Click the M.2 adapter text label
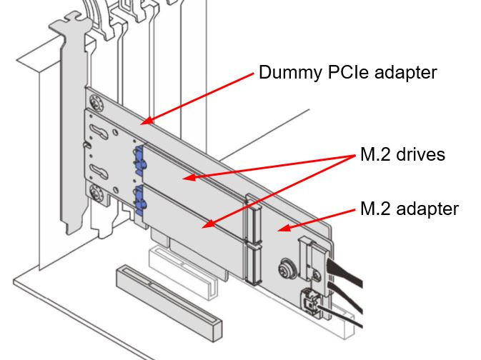pyautogui.click(x=409, y=209)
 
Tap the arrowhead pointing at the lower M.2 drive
pyautogui.click(x=205, y=226)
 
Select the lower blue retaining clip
pyautogui.click(x=139, y=199)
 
